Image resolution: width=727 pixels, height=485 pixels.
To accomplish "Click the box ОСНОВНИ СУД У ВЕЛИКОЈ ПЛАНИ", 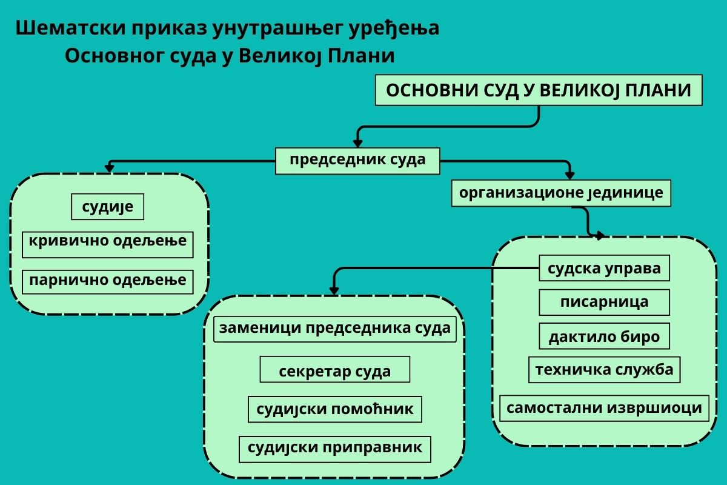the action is point(539,90).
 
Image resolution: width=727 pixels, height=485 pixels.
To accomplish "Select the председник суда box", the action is point(357,161).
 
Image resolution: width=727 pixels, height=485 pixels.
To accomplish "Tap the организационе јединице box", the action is point(561,193).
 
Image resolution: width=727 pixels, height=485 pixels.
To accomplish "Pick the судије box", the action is point(107,207).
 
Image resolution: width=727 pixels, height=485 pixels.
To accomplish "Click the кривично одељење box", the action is point(107,244).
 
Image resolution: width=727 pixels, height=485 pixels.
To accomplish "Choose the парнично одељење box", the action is point(107,282).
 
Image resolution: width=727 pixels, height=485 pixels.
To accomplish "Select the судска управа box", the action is point(605,268).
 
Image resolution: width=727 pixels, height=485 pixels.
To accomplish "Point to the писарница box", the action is point(605,302).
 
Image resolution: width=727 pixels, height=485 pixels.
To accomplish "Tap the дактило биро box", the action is point(605,336).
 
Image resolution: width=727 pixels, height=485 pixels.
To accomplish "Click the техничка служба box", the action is point(605,370).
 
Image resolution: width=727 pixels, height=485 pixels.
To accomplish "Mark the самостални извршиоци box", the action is point(605,408).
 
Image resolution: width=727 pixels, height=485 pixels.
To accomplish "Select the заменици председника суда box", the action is point(335,329).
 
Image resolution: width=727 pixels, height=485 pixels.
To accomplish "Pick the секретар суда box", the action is point(335,369).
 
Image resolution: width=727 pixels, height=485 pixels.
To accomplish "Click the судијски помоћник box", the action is point(335,409).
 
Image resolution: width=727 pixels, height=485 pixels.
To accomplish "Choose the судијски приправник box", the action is point(335,449).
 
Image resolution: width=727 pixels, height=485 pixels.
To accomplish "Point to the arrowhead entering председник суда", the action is point(357,144).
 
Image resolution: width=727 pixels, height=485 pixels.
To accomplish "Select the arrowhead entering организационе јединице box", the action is point(570,175).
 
